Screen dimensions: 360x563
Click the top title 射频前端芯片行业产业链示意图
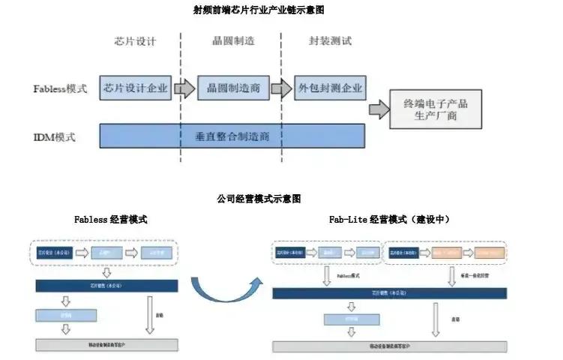pyautogui.click(x=258, y=10)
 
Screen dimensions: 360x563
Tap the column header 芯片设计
pyautogui.click(x=136, y=41)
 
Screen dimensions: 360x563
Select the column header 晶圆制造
pyautogui.click(x=233, y=41)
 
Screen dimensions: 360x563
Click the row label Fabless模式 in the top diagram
pyautogui.click(x=60, y=88)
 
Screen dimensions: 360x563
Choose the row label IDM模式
pyautogui.click(x=54, y=137)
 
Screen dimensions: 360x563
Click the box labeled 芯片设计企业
pyautogui.click(x=136, y=88)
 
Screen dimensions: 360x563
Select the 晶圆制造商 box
pyautogui.click(x=233, y=88)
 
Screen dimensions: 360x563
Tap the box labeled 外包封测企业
pyautogui.click(x=330, y=88)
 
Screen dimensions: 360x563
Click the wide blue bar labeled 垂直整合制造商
pyautogui.click(x=232, y=136)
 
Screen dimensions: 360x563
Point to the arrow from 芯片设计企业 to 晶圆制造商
pyautogui.click(x=184, y=89)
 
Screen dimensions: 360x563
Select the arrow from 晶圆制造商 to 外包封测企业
pyautogui.click(x=281, y=89)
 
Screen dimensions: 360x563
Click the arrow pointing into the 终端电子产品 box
pyautogui.click(x=380, y=109)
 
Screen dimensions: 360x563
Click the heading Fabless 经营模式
pyautogui.click(x=110, y=220)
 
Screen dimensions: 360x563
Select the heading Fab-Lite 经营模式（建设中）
pyautogui.click(x=389, y=220)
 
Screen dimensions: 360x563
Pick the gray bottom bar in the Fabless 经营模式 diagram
pyautogui.click(x=106, y=345)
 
